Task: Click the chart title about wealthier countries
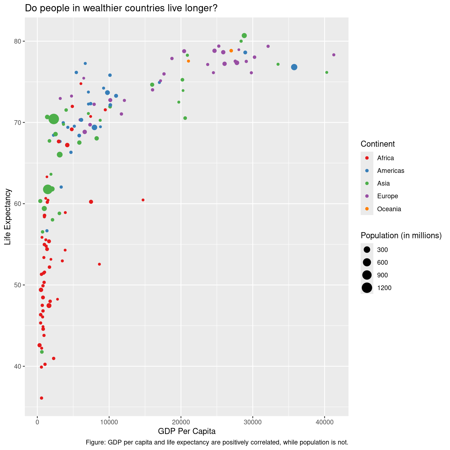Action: (121, 8)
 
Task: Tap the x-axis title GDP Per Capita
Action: (187, 431)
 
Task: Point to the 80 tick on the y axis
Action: (18, 41)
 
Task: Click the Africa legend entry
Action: (385, 158)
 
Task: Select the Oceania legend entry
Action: (389, 209)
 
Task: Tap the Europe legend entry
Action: (387, 196)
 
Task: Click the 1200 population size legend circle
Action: (367, 288)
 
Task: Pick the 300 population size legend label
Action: (382, 250)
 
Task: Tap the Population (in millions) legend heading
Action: (401, 235)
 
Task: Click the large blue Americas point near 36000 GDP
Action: (294, 67)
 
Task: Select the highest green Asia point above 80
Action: (244, 36)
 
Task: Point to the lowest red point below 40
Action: (41, 398)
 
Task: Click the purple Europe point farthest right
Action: (334, 55)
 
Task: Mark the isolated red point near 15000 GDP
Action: (143, 200)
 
